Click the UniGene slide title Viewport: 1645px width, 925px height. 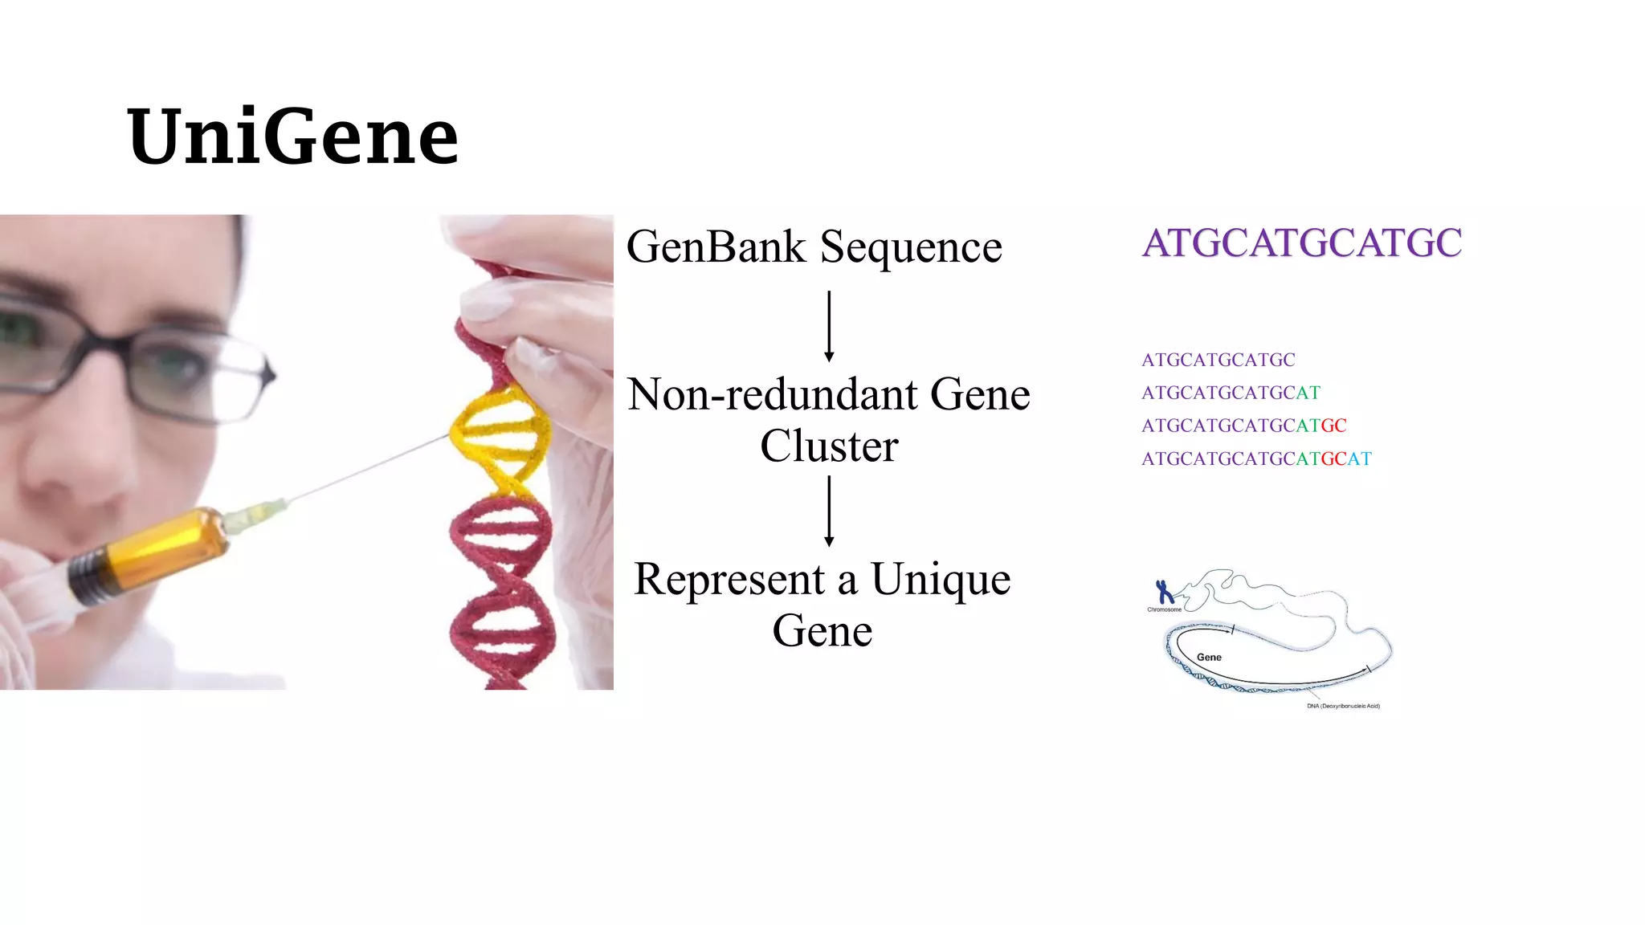[292, 137]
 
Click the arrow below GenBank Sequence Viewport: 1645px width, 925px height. [829, 326]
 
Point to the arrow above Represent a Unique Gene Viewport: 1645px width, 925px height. [829, 511]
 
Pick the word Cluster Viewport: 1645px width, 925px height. [829, 446]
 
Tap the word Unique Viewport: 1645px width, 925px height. [941, 580]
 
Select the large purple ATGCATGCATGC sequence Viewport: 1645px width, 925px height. [1301, 242]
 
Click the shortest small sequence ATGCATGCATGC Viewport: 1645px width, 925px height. [1218, 360]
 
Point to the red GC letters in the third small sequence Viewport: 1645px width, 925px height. [1333, 426]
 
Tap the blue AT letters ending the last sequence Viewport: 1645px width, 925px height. [1359, 458]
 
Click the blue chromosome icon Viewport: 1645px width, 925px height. [1164, 592]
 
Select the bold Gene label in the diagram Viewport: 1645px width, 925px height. [1209, 657]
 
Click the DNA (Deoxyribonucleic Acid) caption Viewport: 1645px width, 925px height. [1343, 706]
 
